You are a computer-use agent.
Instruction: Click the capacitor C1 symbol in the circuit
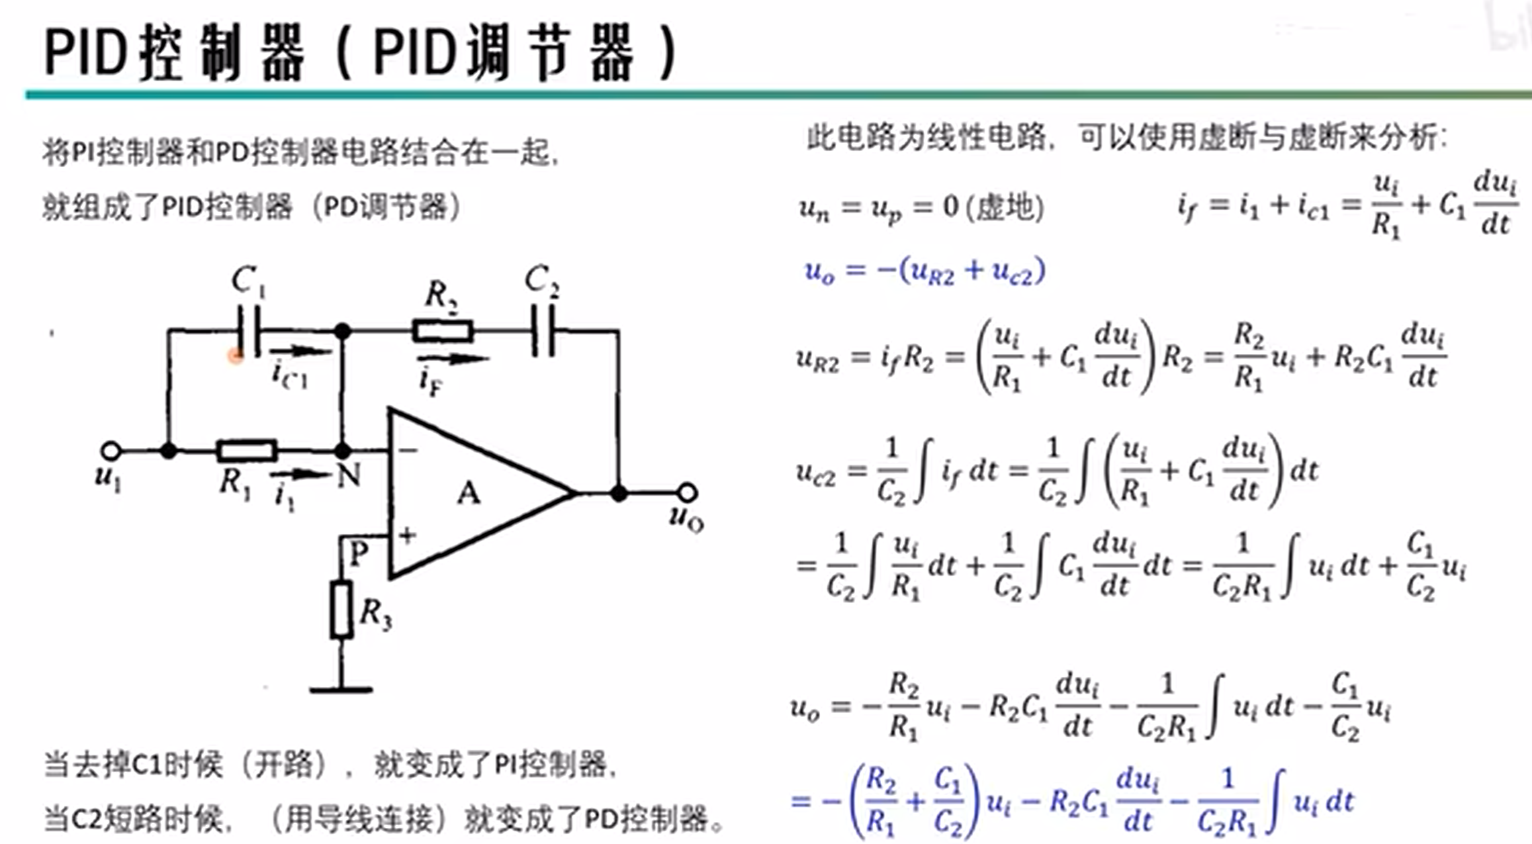pos(248,330)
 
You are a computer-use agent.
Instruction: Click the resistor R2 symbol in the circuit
pos(443,331)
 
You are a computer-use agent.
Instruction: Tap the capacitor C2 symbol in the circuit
pos(543,330)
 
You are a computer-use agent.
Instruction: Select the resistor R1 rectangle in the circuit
pos(246,450)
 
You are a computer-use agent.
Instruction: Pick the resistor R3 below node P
pos(341,610)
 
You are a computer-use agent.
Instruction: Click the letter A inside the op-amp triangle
pos(469,494)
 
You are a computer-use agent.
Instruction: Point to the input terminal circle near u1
pos(111,451)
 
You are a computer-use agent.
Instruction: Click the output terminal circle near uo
pos(687,494)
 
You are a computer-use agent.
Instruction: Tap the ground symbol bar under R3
pos(341,689)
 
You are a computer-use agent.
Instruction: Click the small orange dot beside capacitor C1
pos(235,356)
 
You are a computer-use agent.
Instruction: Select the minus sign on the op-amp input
pos(408,450)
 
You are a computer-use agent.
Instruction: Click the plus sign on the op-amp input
pos(407,535)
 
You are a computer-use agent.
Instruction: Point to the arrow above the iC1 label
pos(300,351)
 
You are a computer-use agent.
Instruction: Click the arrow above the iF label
pos(451,359)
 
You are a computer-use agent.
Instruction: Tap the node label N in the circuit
pos(349,475)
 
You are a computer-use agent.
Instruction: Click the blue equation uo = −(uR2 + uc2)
pos(925,271)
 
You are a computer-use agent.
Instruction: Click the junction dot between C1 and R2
pos(343,331)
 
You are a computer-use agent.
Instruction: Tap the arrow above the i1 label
pos(300,474)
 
